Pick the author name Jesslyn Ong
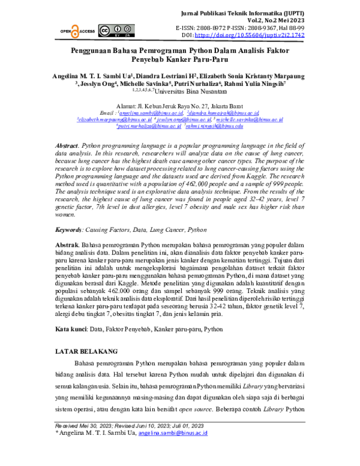(96, 84)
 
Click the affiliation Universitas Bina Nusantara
(196, 92)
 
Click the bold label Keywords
(68, 196)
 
